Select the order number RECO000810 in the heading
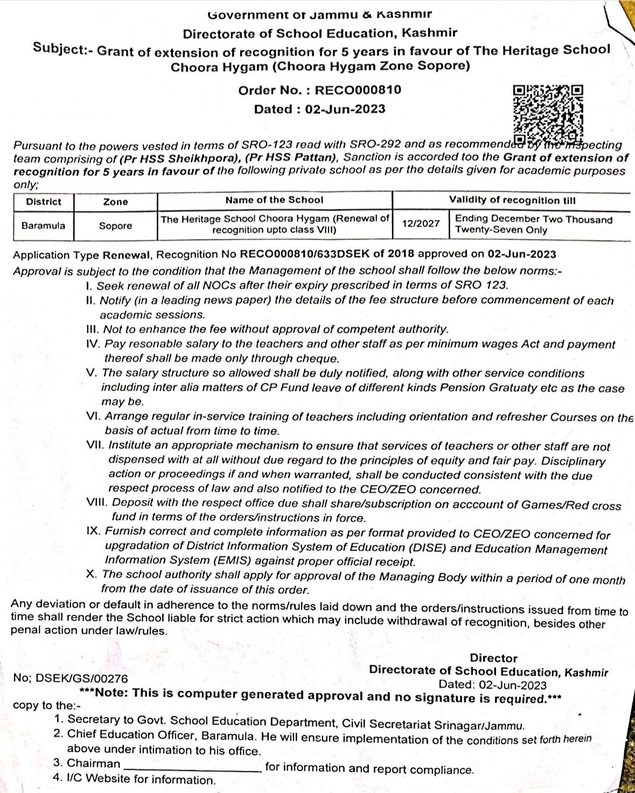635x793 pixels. tap(358, 90)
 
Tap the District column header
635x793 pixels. tap(44, 202)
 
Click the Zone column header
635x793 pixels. tap(115, 202)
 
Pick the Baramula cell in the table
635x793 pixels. tap(43, 226)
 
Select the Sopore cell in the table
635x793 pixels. tap(115, 226)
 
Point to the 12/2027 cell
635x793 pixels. tap(421, 224)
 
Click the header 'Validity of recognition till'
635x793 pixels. tap(512, 200)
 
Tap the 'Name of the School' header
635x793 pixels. tap(274, 200)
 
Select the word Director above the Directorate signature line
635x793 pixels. tap(493, 658)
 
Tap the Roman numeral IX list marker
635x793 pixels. tap(94, 531)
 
